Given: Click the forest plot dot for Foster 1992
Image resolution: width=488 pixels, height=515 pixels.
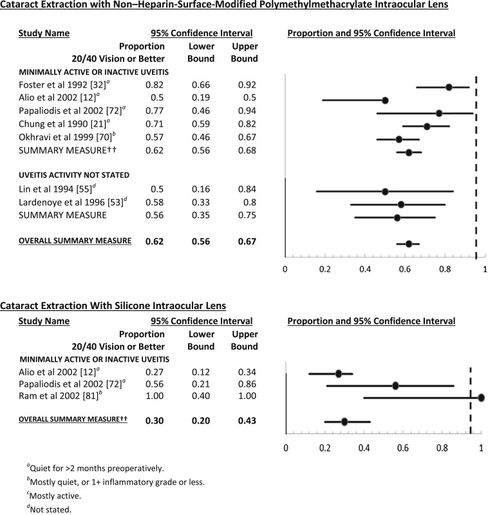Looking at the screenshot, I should [449, 87].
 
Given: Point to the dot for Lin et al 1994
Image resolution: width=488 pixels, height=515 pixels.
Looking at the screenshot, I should [385, 191].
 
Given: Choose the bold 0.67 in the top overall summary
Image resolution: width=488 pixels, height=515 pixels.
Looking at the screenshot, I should [246, 242].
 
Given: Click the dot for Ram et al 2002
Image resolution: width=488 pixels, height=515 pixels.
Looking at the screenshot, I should [480, 398].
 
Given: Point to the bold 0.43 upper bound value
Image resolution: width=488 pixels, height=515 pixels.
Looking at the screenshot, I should [246, 421].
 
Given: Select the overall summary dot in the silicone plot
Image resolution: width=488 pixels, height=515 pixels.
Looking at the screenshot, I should [344, 422].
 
